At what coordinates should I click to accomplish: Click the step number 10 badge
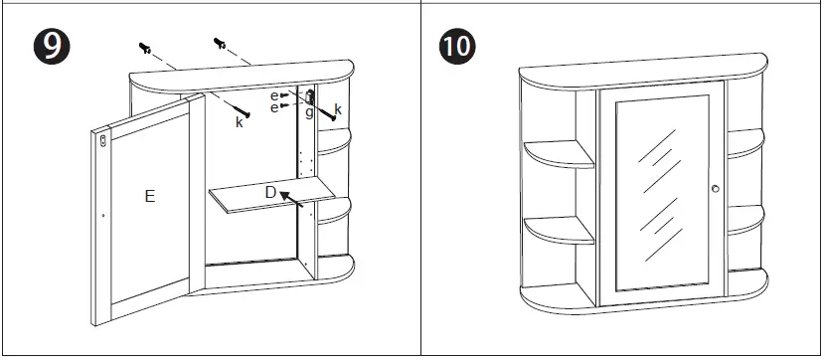coord(457,46)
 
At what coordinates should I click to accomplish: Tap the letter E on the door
coord(149,197)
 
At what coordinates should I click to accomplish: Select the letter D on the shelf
coord(269,190)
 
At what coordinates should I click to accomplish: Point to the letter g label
coord(310,112)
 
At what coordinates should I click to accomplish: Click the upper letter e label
coord(274,94)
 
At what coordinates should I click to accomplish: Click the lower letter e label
coord(274,106)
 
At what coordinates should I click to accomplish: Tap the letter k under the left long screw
coord(239,122)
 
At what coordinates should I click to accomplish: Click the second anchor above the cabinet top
coord(220,44)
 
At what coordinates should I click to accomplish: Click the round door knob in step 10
coord(714,189)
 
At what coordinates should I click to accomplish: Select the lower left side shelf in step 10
coord(560,229)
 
